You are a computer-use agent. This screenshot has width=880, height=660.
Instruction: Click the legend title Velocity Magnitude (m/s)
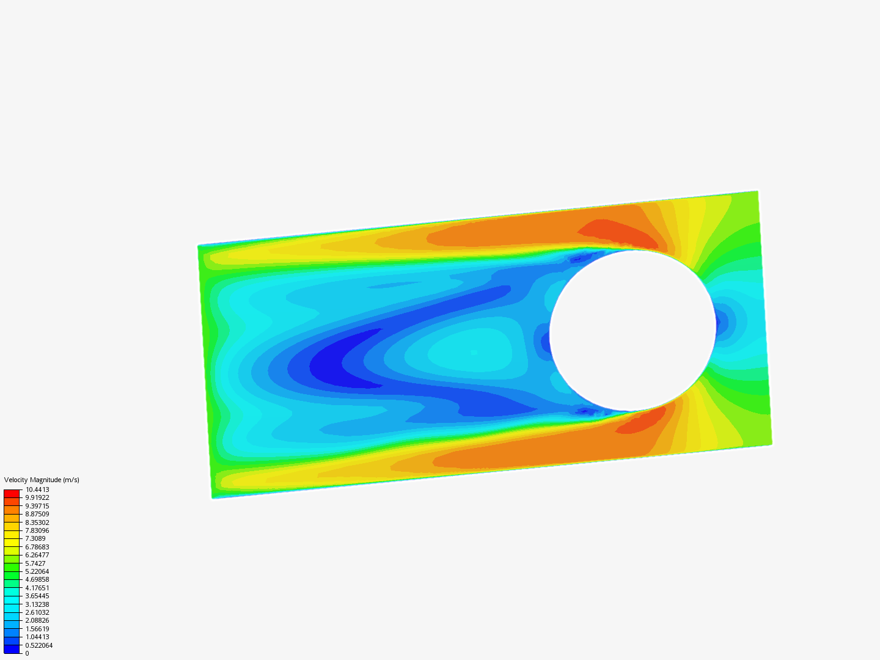pyautogui.click(x=42, y=480)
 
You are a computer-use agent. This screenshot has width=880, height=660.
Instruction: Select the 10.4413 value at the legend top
pyautogui.click(x=37, y=490)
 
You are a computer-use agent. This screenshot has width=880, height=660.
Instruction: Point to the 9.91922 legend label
pyautogui.click(x=37, y=497)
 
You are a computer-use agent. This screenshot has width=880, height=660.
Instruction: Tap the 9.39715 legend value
pyautogui.click(x=37, y=506)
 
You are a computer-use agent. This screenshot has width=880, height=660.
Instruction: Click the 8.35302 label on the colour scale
pyautogui.click(x=37, y=522)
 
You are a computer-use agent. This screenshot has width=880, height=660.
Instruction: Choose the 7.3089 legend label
pyautogui.click(x=35, y=538)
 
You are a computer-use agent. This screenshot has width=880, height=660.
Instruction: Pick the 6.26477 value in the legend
pyautogui.click(x=37, y=555)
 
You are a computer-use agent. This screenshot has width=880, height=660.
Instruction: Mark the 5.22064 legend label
pyautogui.click(x=37, y=571)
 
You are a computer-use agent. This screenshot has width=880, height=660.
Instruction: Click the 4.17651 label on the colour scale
pyautogui.click(x=37, y=588)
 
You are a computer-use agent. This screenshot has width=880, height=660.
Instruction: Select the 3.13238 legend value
pyautogui.click(x=37, y=604)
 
